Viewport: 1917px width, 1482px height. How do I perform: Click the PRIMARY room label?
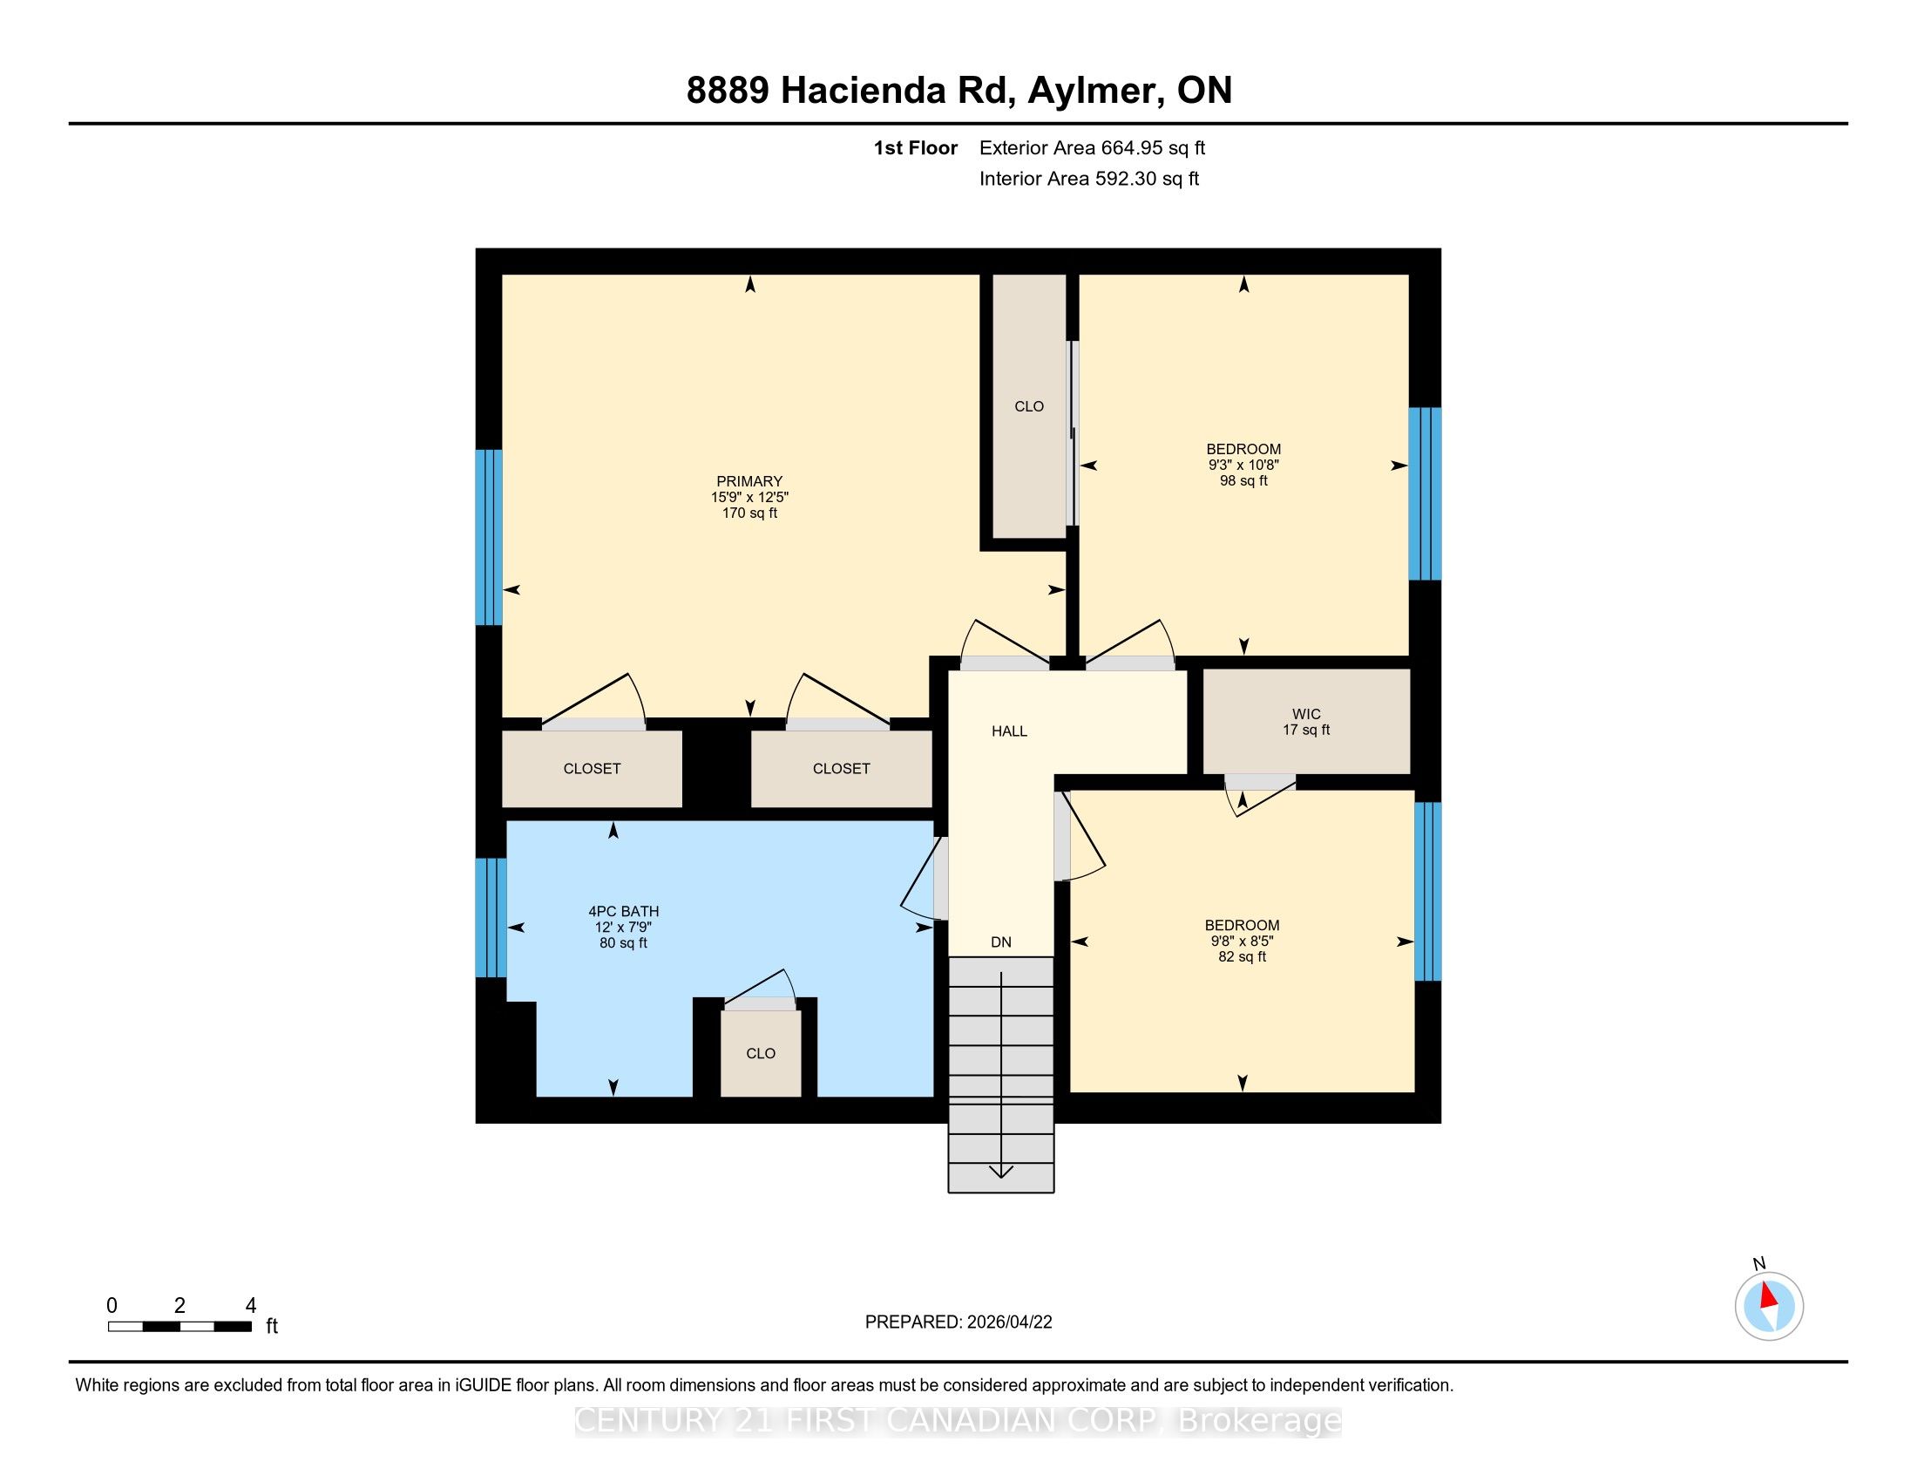click(x=749, y=481)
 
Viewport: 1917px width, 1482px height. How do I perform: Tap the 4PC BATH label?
click(x=623, y=911)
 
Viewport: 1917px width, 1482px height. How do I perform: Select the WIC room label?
click(x=1306, y=714)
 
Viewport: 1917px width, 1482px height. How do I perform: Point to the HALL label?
click(x=1009, y=731)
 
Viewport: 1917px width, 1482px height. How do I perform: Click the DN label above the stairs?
click(x=1000, y=942)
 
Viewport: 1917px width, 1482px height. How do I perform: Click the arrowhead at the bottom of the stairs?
click(x=1000, y=1170)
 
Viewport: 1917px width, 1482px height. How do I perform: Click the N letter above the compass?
click(x=1758, y=1264)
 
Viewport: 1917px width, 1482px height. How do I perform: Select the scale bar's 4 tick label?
click(x=250, y=1306)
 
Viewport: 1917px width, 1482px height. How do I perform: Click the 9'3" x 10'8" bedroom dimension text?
click(x=1243, y=466)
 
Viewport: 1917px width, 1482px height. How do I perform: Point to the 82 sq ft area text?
click(x=1242, y=957)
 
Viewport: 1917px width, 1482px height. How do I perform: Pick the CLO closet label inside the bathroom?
click(x=760, y=1054)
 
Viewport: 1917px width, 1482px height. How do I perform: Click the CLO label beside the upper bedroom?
click(x=1029, y=406)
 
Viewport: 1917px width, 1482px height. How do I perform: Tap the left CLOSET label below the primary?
click(x=592, y=769)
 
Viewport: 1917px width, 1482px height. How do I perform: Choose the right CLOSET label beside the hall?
click(x=841, y=769)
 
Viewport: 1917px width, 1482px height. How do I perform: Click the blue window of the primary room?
click(x=489, y=537)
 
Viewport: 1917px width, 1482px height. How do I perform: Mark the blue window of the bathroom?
click(x=491, y=917)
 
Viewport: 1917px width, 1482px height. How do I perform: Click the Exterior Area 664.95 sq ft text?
click(x=1092, y=148)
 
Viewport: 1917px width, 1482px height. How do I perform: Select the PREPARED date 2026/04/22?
click(x=1008, y=1322)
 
